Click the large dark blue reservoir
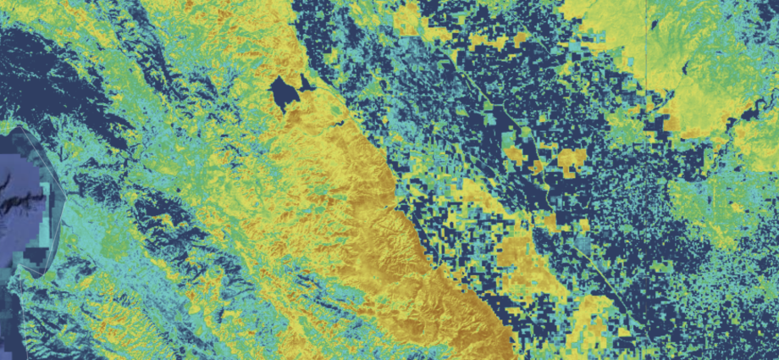[x=284, y=91]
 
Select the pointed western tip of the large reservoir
[x=269, y=87]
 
